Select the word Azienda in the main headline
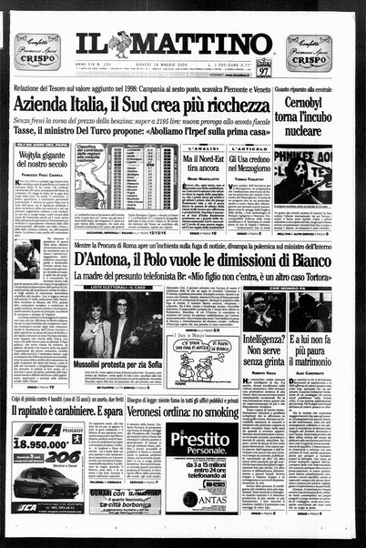(x=72, y=116)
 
